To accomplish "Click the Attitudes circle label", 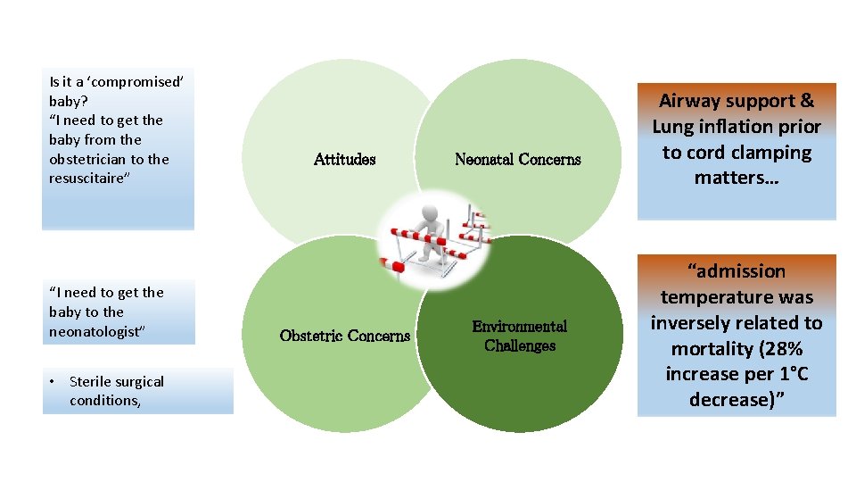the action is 344,160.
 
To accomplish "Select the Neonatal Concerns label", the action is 517,160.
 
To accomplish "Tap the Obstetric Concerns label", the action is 344,337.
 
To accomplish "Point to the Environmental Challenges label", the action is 519,337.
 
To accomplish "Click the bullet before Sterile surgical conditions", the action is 53,382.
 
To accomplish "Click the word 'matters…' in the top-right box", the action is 737,178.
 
